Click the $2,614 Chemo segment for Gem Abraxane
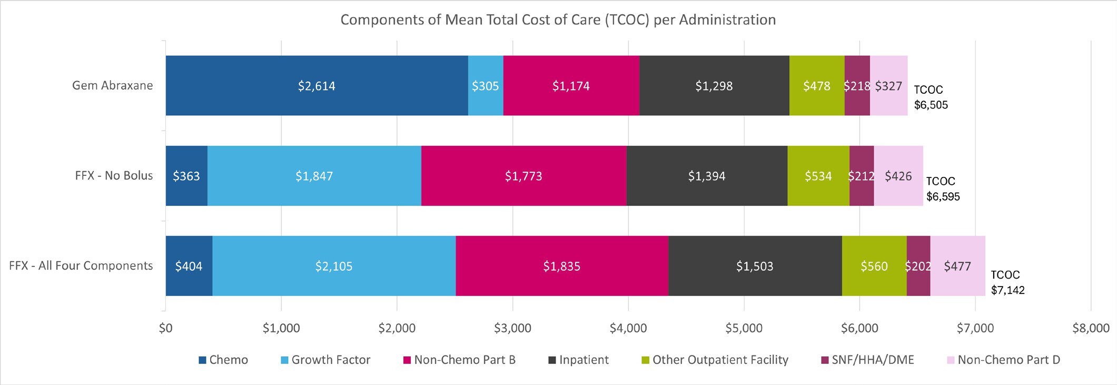(x=317, y=86)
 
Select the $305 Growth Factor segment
(x=485, y=86)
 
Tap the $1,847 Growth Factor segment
(x=314, y=176)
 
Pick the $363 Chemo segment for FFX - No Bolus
(x=186, y=176)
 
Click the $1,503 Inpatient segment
(x=755, y=266)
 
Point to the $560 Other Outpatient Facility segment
(x=874, y=266)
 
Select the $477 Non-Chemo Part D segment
(x=957, y=266)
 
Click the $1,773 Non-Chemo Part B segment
(x=523, y=176)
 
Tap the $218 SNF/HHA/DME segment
(x=857, y=86)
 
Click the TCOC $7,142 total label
(x=1007, y=282)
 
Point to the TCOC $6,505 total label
(x=931, y=97)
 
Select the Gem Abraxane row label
(x=112, y=85)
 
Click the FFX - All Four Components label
(x=81, y=265)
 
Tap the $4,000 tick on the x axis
(x=628, y=328)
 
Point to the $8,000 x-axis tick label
(x=1091, y=328)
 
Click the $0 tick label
(x=165, y=328)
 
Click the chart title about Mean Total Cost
(x=558, y=19)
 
